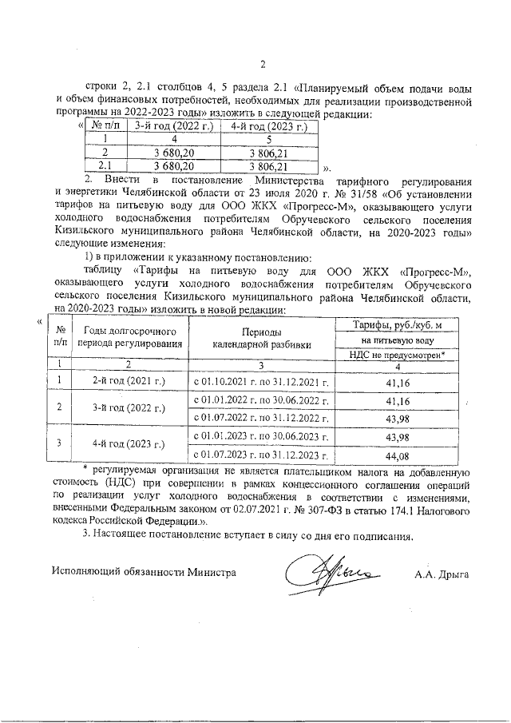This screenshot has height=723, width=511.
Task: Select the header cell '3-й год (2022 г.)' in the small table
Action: tap(168, 125)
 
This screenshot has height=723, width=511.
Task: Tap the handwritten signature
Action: tap(328, 574)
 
